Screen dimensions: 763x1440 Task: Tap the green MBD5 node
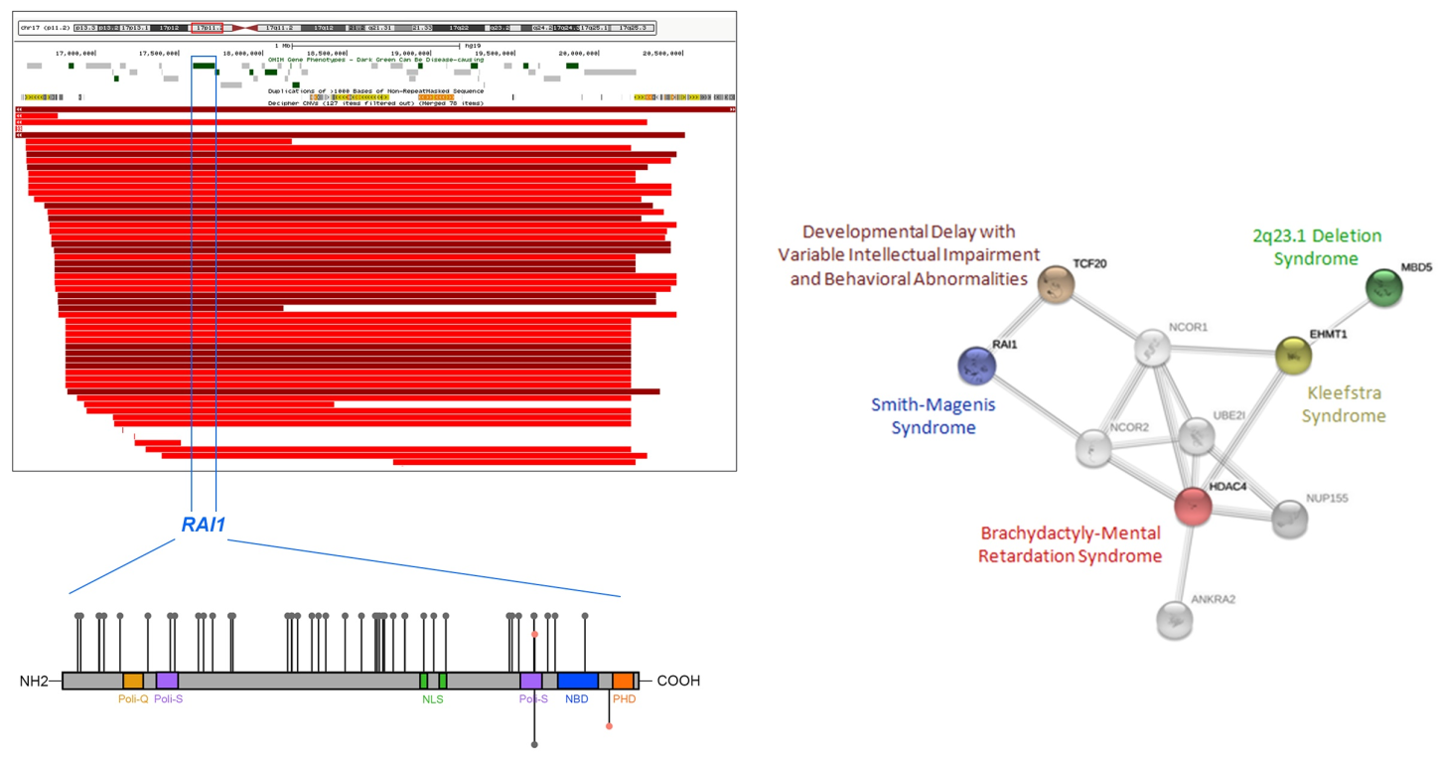[1384, 288]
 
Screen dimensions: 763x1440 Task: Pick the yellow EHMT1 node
[1292, 353]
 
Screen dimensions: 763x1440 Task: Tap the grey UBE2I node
[1197, 435]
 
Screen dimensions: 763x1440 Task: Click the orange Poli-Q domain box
[133, 681]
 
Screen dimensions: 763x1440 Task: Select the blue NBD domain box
[577, 681]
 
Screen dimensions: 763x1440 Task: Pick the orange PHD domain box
[623, 681]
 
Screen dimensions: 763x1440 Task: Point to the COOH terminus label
[678, 682]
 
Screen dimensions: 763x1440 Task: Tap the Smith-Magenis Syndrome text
[933, 416]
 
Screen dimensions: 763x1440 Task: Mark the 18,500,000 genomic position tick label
[326, 53]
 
